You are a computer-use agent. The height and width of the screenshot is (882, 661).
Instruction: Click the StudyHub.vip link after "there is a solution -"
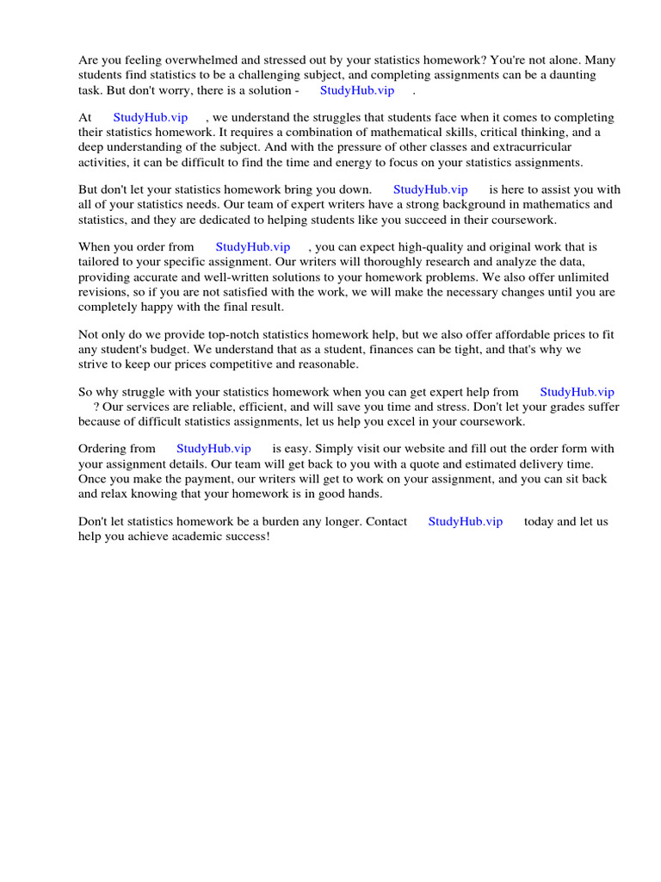(357, 90)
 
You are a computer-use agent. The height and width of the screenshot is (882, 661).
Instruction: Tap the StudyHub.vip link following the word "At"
(151, 117)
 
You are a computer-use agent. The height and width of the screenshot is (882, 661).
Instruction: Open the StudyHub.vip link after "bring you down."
(430, 189)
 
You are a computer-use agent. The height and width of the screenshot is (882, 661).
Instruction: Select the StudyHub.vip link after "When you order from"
(253, 247)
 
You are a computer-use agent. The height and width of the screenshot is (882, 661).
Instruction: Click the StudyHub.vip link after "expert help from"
(577, 392)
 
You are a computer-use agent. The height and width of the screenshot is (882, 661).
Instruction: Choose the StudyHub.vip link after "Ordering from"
(213, 449)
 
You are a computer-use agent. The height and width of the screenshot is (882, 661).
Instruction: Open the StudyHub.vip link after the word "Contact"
(466, 522)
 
